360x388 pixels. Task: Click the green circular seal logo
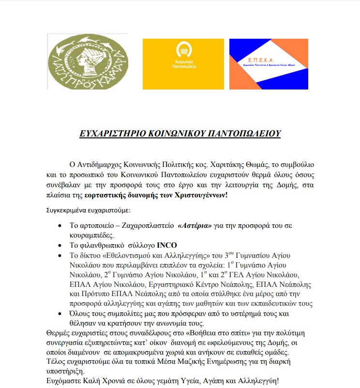tap(87, 61)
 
